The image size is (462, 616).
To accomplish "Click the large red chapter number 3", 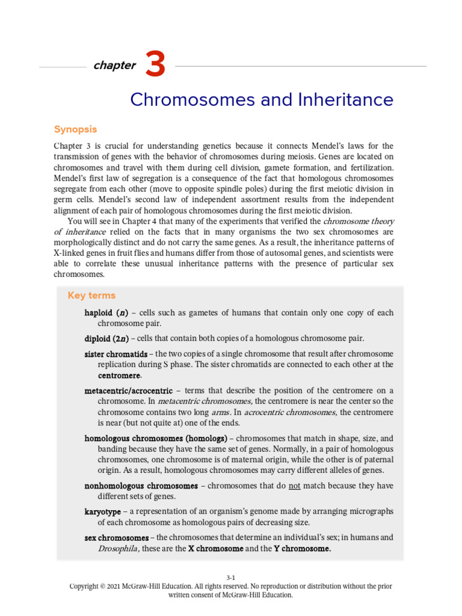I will (x=155, y=66).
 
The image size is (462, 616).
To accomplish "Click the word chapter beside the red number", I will (x=114, y=66).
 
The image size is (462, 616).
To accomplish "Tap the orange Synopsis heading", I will (x=75, y=129).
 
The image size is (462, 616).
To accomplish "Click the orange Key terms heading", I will (x=91, y=295).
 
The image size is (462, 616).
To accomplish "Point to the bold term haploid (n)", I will (x=106, y=313).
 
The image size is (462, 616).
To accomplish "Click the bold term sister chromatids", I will (x=116, y=354).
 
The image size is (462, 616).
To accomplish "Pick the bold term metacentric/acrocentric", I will (x=128, y=391).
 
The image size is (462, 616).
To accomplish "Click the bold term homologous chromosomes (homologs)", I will (x=156, y=439).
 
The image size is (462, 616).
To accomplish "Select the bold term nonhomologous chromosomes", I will (x=141, y=486).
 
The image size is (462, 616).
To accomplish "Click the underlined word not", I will (x=294, y=486).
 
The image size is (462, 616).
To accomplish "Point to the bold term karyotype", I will (x=103, y=511).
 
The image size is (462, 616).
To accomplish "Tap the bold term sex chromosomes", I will (x=117, y=538).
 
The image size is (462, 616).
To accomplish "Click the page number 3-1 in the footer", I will (x=231, y=577).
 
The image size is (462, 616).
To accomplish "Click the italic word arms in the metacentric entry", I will (x=220, y=412).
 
